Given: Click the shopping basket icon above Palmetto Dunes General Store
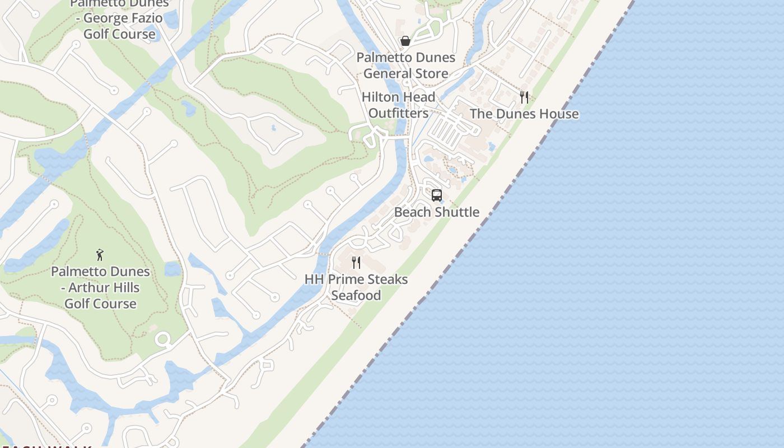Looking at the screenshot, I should click(405, 41).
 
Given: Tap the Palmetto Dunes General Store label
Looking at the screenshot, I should click(405, 66).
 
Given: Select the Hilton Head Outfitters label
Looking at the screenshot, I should click(398, 105).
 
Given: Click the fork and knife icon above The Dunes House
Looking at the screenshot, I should click(524, 97).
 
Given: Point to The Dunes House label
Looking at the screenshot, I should click(524, 114).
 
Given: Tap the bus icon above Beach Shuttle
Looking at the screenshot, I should click(437, 195).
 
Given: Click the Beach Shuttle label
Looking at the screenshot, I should click(437, 212).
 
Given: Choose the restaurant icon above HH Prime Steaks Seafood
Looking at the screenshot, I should click(356, 262).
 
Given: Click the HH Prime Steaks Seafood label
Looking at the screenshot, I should click(356, 287).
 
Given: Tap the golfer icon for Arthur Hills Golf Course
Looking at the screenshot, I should click(100, 255).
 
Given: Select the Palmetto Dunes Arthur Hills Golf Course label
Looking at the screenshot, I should click(101, 287).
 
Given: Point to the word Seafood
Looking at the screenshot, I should click(356, 295).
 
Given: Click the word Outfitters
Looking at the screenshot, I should click(398, 113).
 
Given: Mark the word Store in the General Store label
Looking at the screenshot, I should click(428, 73).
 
